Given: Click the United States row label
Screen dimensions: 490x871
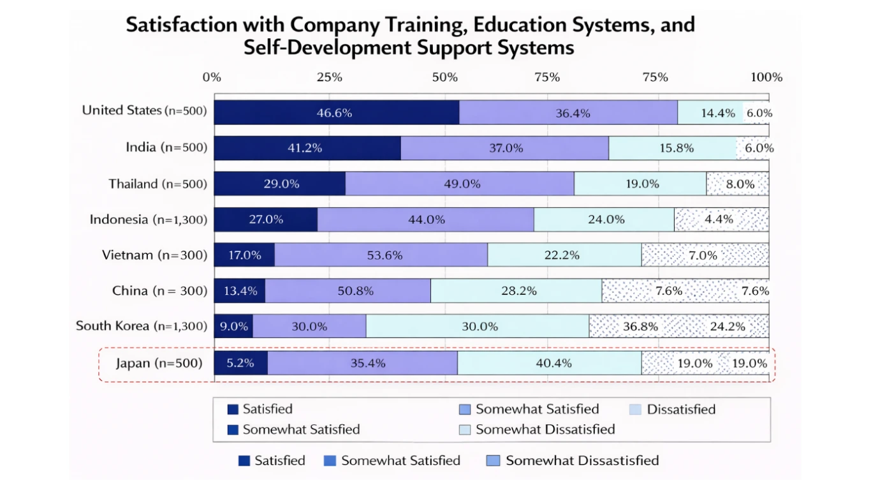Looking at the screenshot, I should (x=144, y=110).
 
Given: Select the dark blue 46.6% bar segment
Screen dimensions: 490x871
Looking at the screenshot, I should (x=336, y=113).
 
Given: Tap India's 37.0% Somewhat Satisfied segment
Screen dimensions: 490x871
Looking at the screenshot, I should (x=504, y=148).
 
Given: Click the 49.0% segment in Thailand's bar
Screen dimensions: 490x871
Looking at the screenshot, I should (x=459, y=184).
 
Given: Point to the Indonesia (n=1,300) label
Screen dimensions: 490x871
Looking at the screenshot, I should (x=149, y=220).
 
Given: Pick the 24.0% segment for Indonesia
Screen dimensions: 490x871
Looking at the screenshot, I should (x=604, y=219).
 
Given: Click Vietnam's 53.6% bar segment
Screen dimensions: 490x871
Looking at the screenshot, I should (x=381, y=255).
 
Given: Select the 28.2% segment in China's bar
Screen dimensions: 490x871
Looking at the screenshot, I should (x=516, y=291).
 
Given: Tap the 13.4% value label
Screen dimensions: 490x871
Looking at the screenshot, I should (x=240, y=291).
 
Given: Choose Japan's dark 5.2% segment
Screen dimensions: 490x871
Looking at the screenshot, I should (x=240, y=363).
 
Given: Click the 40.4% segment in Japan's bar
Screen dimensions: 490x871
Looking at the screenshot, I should (x=549, y=363).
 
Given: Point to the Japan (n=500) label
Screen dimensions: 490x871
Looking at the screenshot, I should (x=159, y=364).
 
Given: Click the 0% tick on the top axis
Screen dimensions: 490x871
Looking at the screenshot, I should (x=212, y=78).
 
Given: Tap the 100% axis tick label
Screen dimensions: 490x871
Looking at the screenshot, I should (x=766, y=78).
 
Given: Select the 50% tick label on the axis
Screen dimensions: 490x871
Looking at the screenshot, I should (x=444, y=78).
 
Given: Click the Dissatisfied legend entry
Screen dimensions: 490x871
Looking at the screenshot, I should (x=680, y=410).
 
